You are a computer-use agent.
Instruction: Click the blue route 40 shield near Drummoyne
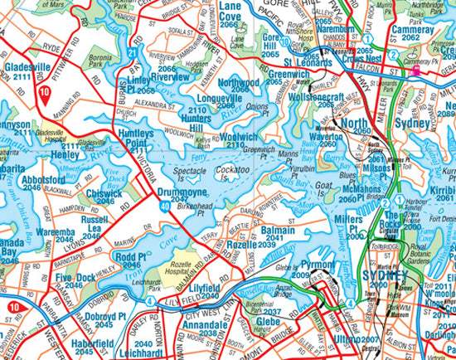tap(167, 202)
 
